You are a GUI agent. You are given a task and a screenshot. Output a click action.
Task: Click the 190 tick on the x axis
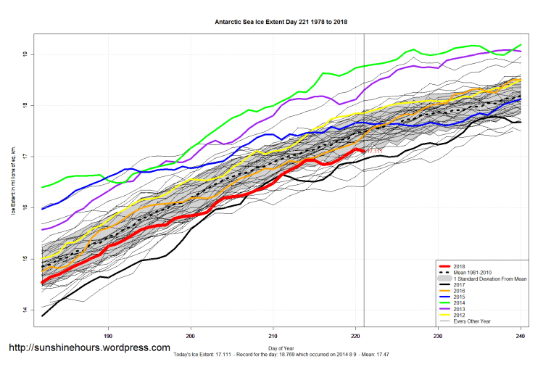click(109, 336)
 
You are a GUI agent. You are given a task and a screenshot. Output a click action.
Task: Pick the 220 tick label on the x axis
click(355, 336)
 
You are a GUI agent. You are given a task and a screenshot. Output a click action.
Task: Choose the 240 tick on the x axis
click(520, 336)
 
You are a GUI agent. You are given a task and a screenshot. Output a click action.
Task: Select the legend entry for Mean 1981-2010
click(472, 272)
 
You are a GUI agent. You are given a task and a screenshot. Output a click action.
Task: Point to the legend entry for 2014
click(457, 302)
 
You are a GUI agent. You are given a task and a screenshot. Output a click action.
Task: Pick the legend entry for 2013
click(457, 309)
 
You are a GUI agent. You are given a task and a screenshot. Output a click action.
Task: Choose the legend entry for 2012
click(457, 315)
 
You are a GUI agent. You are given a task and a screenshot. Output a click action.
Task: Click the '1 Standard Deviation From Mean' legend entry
click(486, 278)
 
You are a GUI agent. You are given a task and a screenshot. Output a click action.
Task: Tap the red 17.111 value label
click(374, 151)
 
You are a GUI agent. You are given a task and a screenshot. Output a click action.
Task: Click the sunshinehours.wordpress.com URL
click(89, 348)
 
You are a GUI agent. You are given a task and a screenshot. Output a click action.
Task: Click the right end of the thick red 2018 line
click(363, 151)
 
